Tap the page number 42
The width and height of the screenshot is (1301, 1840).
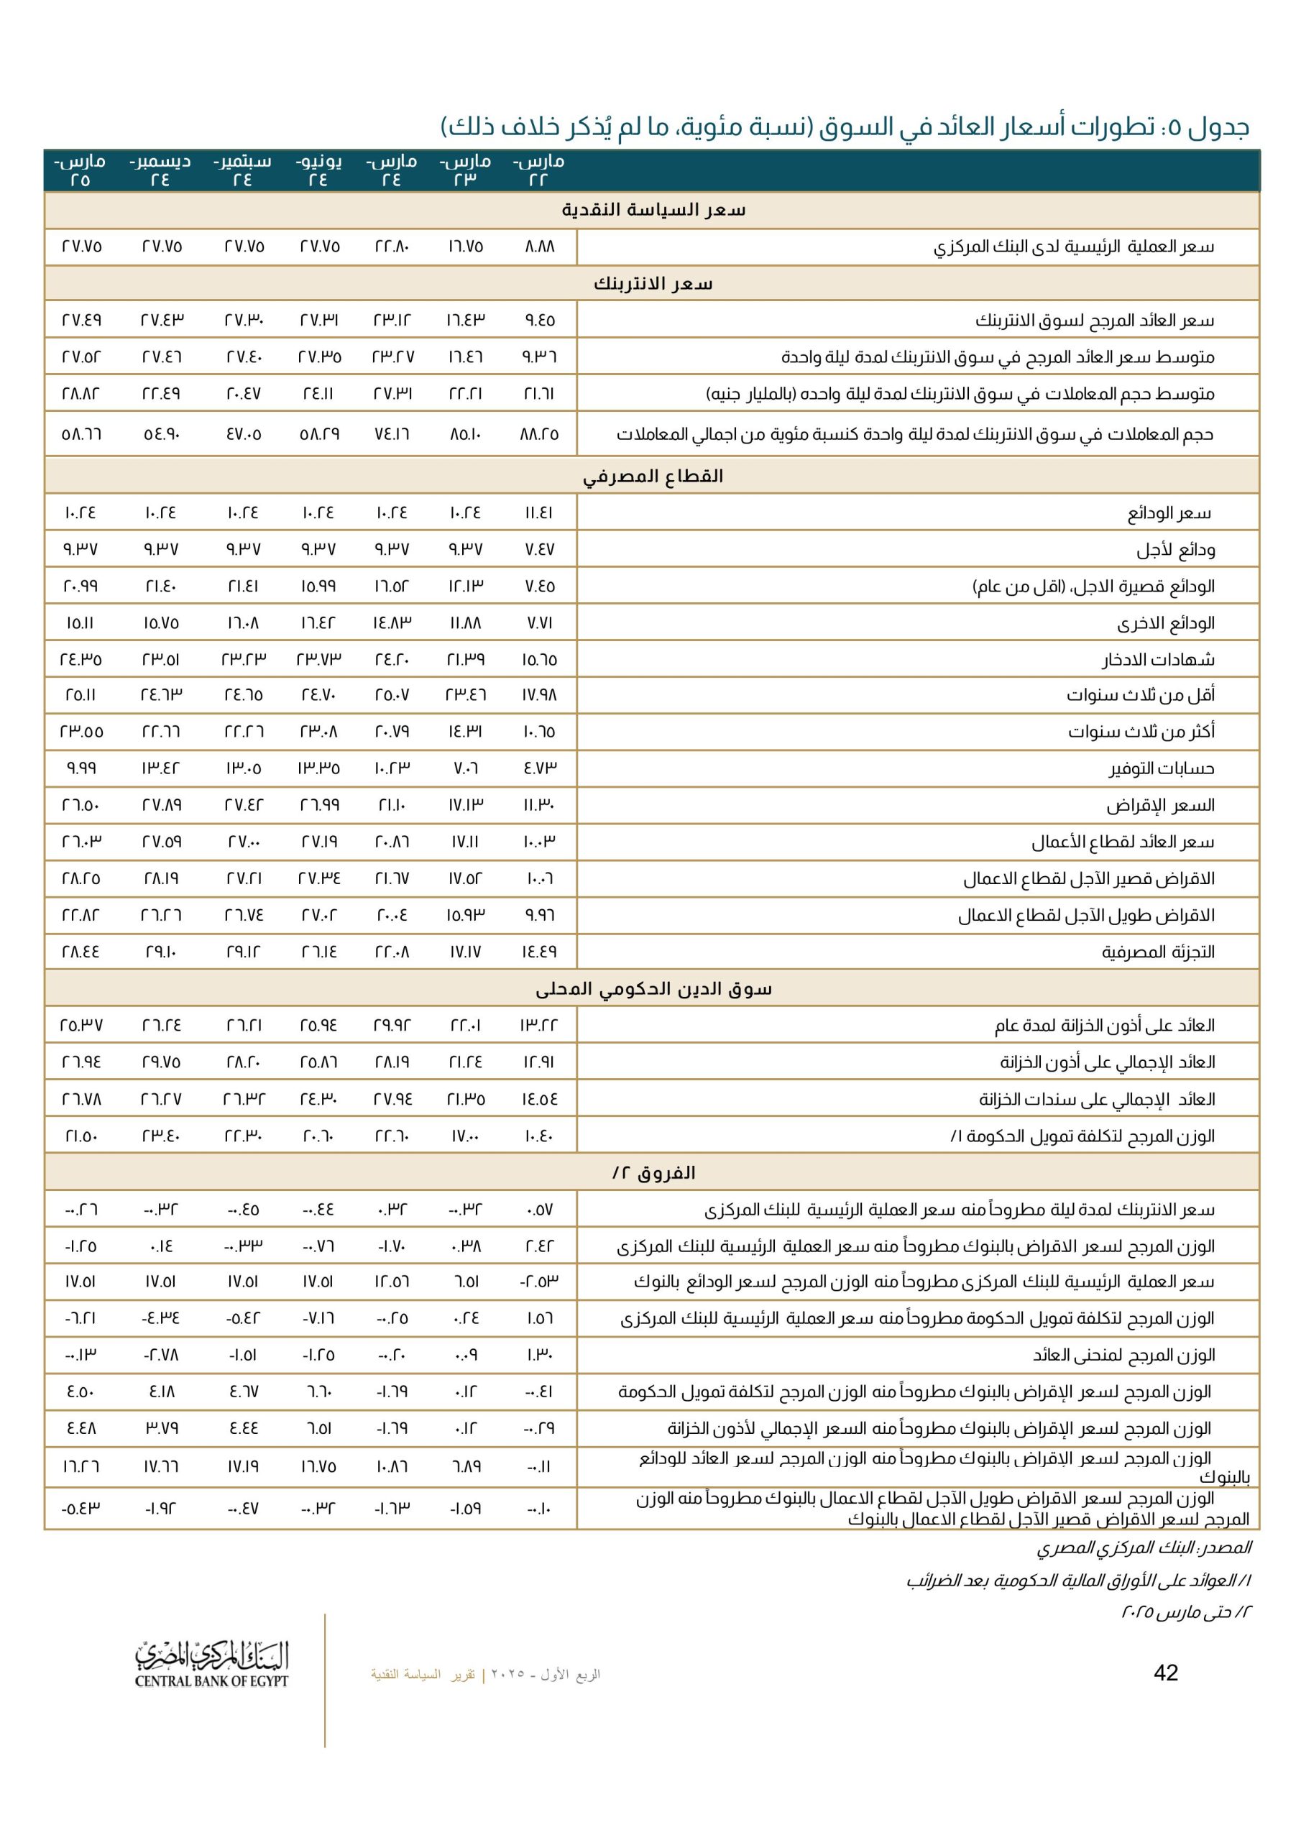coord(1166,1672)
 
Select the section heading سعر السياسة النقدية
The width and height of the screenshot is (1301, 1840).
coord(653,210)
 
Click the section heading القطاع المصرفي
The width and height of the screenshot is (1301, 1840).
coord(653,476)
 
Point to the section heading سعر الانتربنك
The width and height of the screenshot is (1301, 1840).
coord(653,284)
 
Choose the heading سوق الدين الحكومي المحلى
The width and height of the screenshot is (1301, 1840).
coord(653,989)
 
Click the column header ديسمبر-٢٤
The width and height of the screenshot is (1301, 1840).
coord(160,170)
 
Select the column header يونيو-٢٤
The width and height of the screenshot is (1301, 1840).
coord(319,170)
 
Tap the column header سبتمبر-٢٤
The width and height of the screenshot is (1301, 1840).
coord(242,170)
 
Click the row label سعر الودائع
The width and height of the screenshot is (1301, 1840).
coord(1169,513)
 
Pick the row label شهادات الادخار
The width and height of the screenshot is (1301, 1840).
coord(1157,660)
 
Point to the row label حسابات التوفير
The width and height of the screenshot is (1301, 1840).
coord(1162,768)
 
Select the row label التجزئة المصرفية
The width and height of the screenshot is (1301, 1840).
coord(1157,952)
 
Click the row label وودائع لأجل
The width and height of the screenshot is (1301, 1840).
coord(1175,550)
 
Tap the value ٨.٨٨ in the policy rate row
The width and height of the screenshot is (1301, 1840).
coord(540,247)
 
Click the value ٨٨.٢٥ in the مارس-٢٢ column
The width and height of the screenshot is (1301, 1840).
coord(540,434)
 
